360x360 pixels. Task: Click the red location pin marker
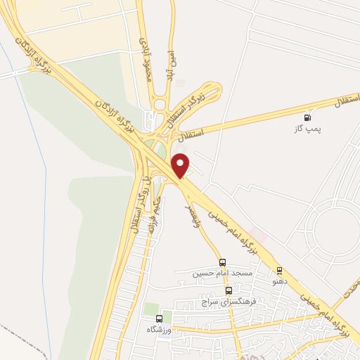point(181,165)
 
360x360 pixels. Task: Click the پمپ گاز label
point(305,129)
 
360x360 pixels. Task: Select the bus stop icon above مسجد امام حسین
point(223,262)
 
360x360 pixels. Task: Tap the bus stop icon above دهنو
point(279,269)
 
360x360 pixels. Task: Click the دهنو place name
point(279,281)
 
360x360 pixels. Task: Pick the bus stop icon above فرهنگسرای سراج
point(229,290)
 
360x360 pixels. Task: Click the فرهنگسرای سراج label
point(226,301)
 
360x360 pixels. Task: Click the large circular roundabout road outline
point(337,228)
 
